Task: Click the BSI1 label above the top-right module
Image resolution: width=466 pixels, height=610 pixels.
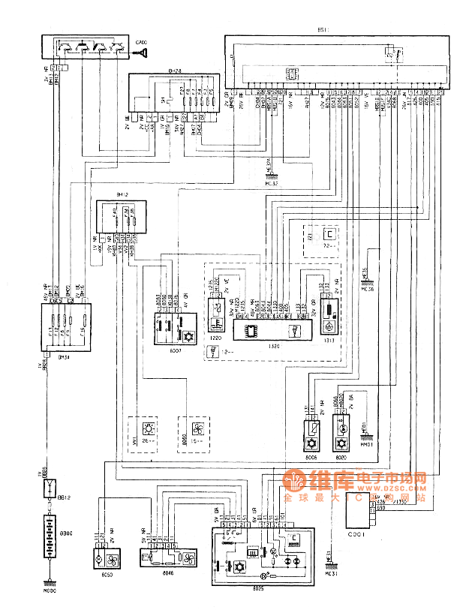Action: tap(323, 30)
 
